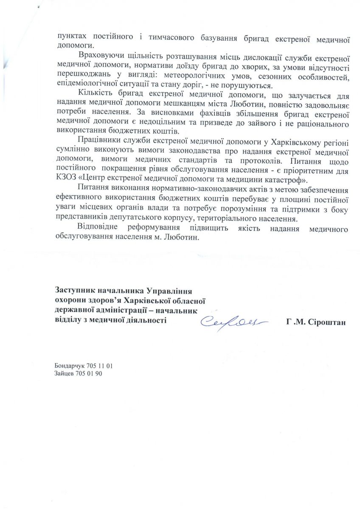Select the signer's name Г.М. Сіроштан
(x=316, y=323)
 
